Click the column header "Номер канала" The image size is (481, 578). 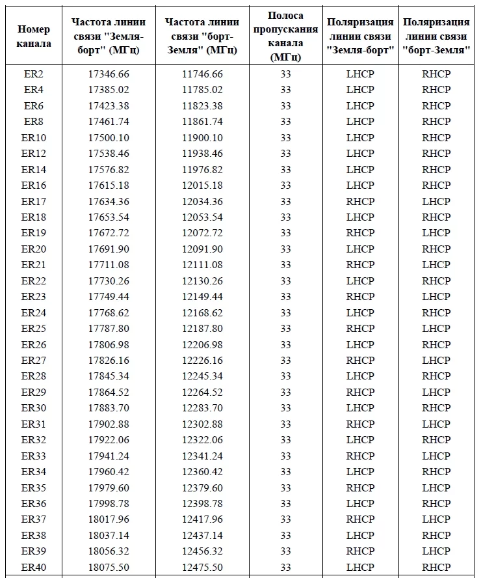point(34,37)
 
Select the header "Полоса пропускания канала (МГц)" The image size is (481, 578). point(285,36)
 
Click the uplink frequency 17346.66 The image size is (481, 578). point(109,74)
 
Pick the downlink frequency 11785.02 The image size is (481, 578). point(202,90)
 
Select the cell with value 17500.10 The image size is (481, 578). point(109,137)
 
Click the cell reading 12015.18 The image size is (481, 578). point(202,186)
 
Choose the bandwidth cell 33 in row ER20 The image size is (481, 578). point(285,249)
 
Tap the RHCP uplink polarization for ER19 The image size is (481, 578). point(360,233)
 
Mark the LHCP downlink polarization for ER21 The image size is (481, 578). point(436,265)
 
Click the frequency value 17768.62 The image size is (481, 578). point(109,312)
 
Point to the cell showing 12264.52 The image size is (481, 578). point(202,392)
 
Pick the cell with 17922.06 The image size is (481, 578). point(109,440)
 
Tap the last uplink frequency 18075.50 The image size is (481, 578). point(109,568)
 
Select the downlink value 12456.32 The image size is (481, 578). point(202,551)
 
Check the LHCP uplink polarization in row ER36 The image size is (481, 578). point(360,504)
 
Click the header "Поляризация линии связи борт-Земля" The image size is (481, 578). point(436,37)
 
